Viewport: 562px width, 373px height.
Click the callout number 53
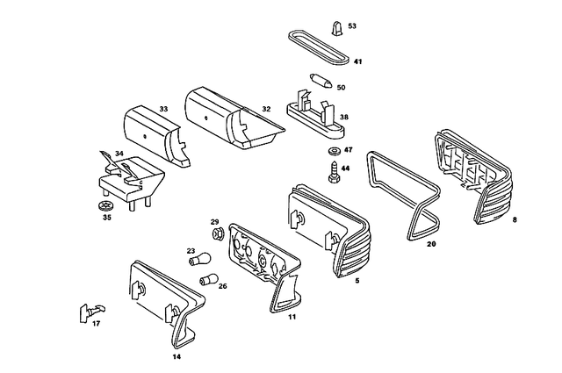click(x=352, y=26)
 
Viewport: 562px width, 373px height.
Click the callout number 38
click(x=344, y=117)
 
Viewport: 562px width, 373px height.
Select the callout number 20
click(x=431, y=245)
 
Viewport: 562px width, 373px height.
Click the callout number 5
click(x=357, y=281)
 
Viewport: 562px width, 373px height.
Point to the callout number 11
click(x=292, y=316)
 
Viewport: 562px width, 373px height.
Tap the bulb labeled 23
click(x=201, y=260)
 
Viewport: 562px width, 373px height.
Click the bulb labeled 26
click(x=209, y=280)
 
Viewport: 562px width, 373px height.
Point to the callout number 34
click(x=119, y=153)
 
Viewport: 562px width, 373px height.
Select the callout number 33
click(x=163, y=109)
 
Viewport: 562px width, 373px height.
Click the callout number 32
click(x=265, y=109)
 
